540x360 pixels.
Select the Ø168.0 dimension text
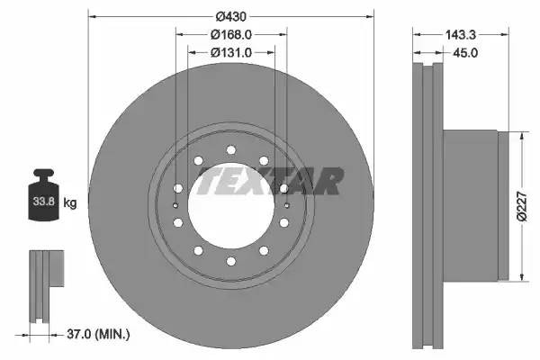[230, 35]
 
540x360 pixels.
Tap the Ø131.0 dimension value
[230, 52]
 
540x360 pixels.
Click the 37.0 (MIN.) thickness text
[98, 335]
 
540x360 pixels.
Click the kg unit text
[70, 203]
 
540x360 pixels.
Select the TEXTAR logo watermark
[269, 181]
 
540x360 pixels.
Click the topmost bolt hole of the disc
[231, 149]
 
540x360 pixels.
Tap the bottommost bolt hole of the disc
[231, 261]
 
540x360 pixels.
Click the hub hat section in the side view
[468, 206]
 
